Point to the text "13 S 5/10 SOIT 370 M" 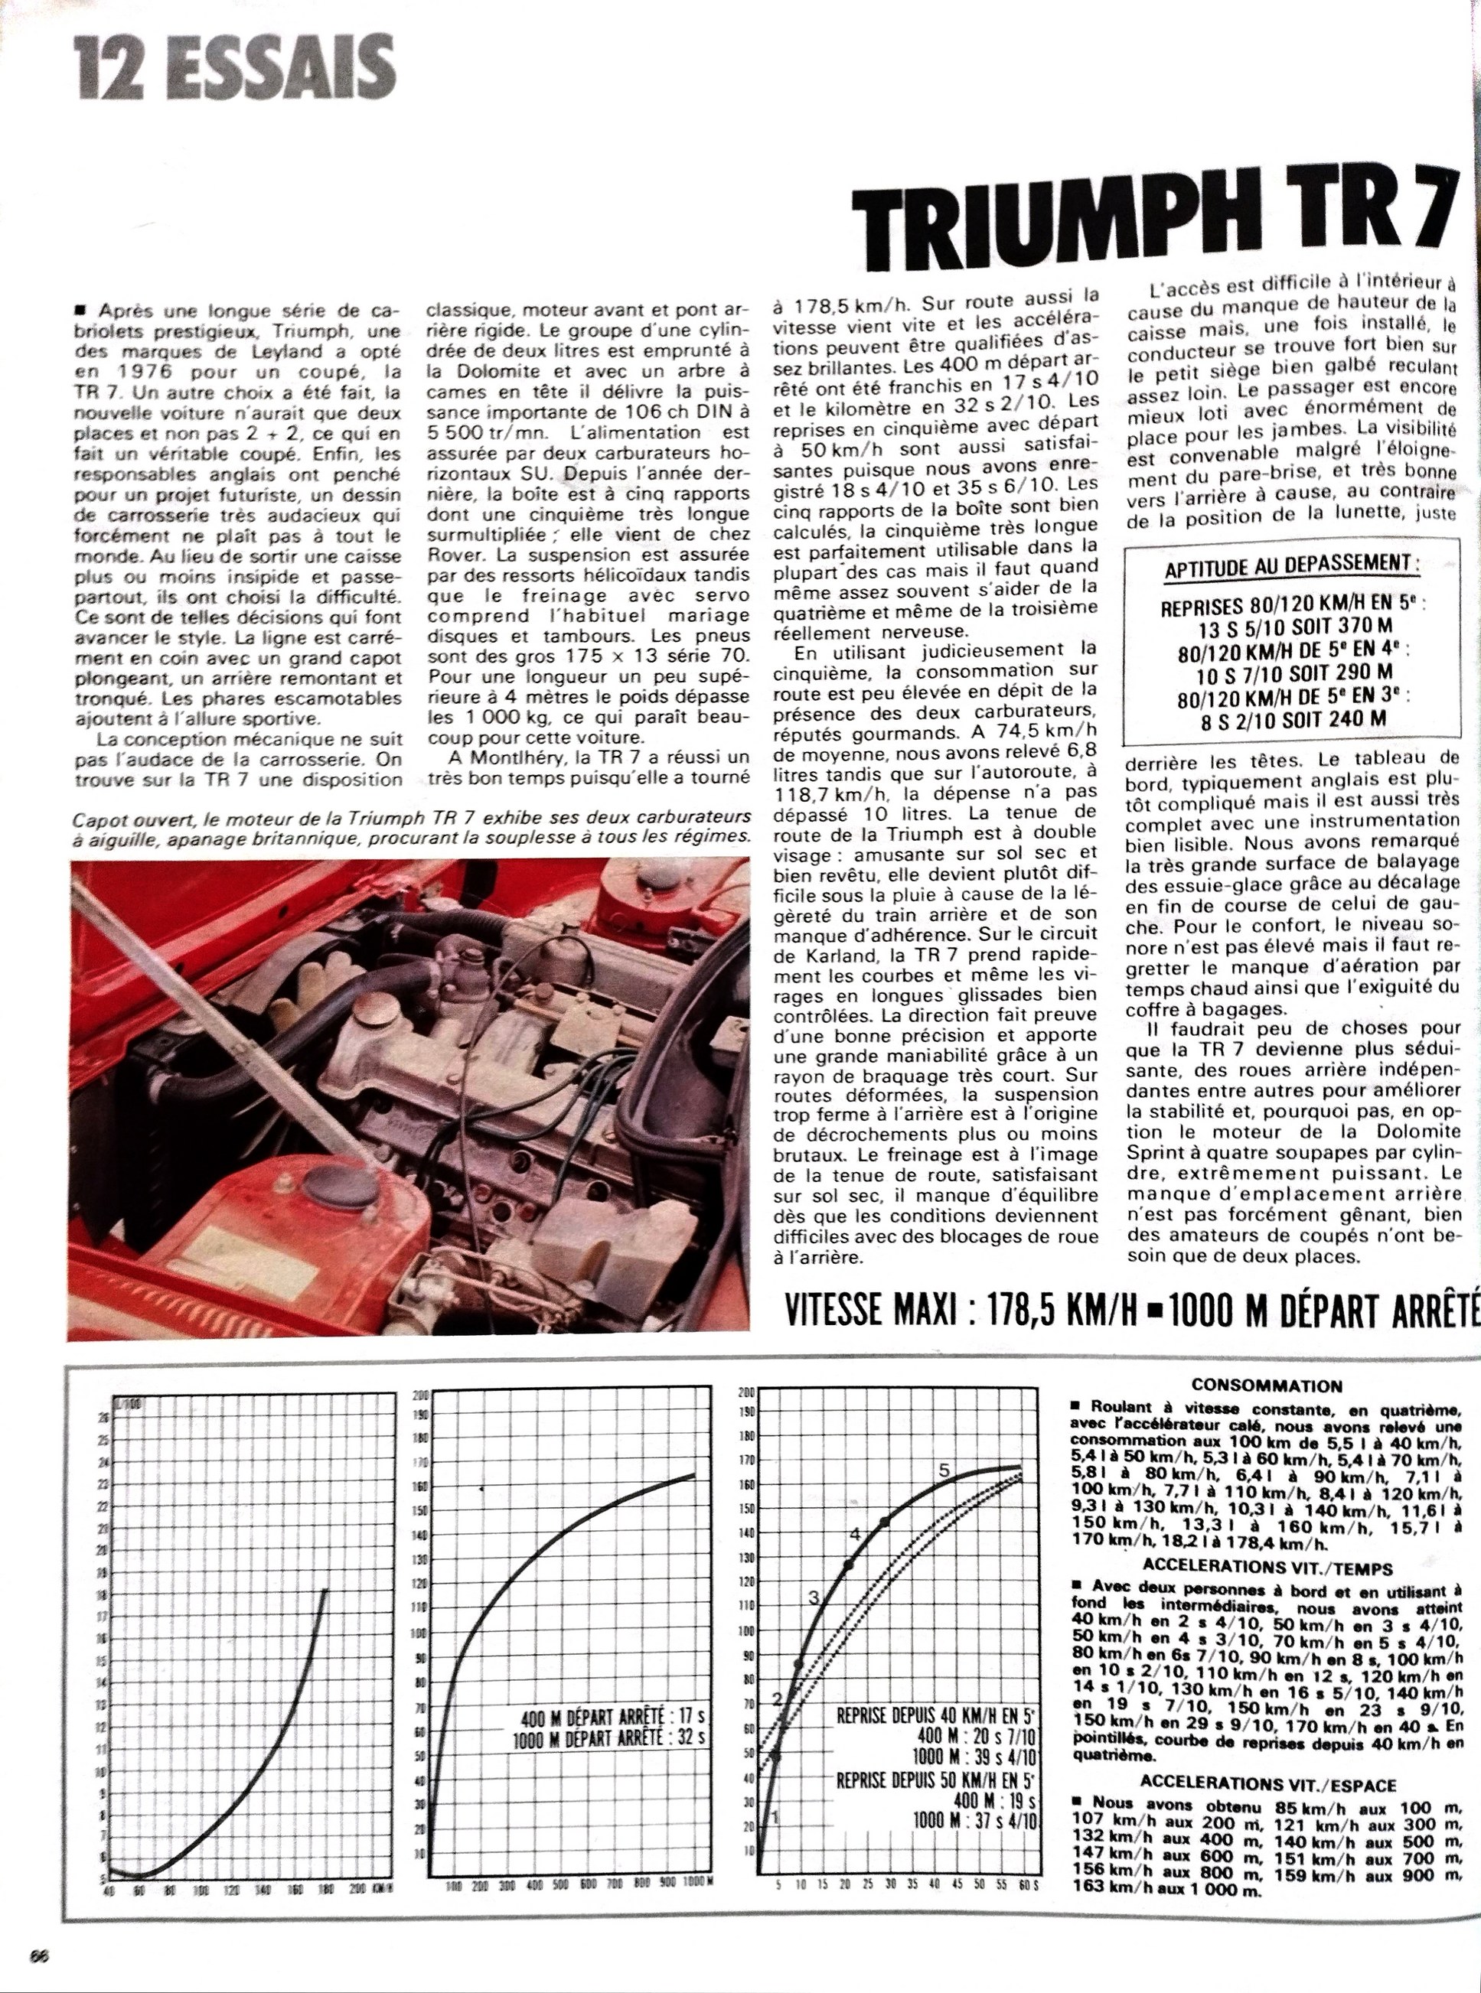click(x=1291, y=629)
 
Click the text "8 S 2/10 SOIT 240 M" click(x=1291, y=718)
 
